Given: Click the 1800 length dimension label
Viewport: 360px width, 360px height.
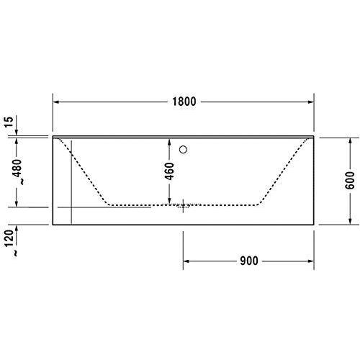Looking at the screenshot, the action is [184, 102].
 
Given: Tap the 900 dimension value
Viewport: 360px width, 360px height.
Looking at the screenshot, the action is [249, 261].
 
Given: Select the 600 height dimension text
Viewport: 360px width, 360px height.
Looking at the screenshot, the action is [350, 181].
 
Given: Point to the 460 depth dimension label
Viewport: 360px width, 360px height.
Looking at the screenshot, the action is [170, 171].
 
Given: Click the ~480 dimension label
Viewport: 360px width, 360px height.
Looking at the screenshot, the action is [18, 171].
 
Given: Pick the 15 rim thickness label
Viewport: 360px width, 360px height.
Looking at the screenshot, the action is [9, 122].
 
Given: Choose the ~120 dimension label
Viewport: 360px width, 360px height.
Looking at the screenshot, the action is [9, 243].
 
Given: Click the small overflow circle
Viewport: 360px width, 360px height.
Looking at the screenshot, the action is [183, 150].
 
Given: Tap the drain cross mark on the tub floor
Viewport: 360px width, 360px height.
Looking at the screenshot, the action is [184, 206].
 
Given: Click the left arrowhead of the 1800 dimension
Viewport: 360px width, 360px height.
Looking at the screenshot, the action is [55, 102].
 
